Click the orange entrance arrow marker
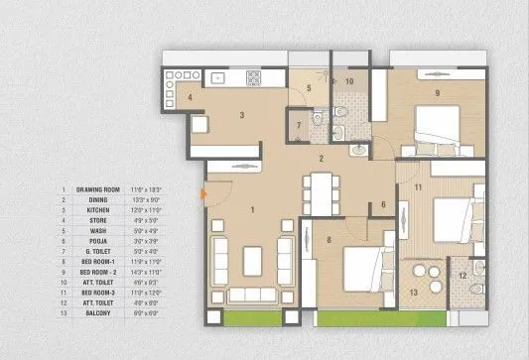tap(203, 194)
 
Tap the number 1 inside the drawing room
tap(253, 209)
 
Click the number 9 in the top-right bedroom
tap(435, 94)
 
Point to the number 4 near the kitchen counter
tap(189, 98)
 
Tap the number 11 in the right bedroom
tap(419, 186)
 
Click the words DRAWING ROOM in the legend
tap(98, 188)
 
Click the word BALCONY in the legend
tap(91, 314)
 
